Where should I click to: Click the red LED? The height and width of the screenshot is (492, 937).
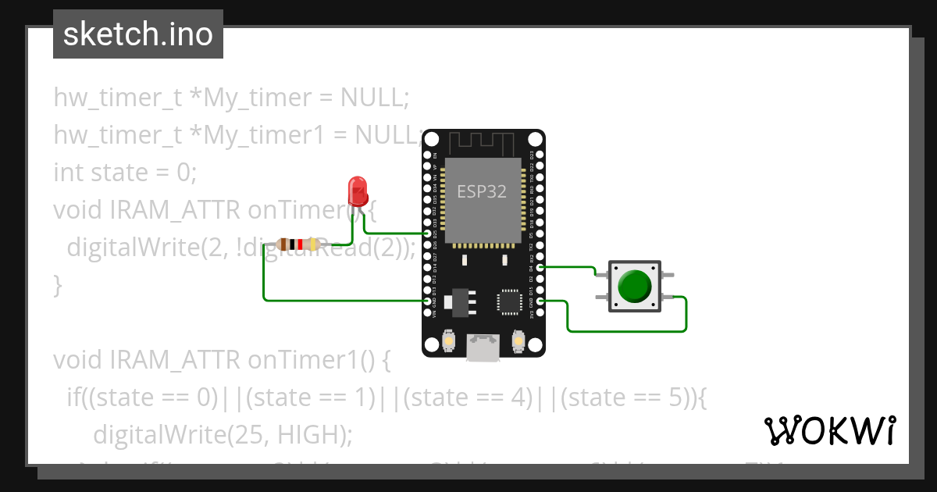[x=357, y=190]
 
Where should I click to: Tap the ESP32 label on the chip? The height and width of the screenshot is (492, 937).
[x=482, y=191]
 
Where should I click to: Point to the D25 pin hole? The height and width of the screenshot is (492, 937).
[x=427, y=234]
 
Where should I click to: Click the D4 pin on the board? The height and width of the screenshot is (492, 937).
[x=540, y=267]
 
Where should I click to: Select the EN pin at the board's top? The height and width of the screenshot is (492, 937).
[x=427, y=155]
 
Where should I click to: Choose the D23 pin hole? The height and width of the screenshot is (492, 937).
[x=540, y=155]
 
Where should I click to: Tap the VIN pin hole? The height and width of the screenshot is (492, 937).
[x=427, y=312]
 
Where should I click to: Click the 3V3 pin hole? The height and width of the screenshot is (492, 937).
[x=540, y=312]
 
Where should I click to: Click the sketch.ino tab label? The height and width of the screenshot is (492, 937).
[x=138, y=35]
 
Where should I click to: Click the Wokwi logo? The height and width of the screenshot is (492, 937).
[x=830, y=430]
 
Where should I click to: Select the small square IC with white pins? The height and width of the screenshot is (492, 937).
[x=509, y=301]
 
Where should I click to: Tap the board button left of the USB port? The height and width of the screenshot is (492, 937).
[x=449, y=340]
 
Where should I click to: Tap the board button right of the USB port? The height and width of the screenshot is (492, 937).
[x=517, y=340]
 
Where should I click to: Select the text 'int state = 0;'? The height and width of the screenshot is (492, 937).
[x=125, y=172]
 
